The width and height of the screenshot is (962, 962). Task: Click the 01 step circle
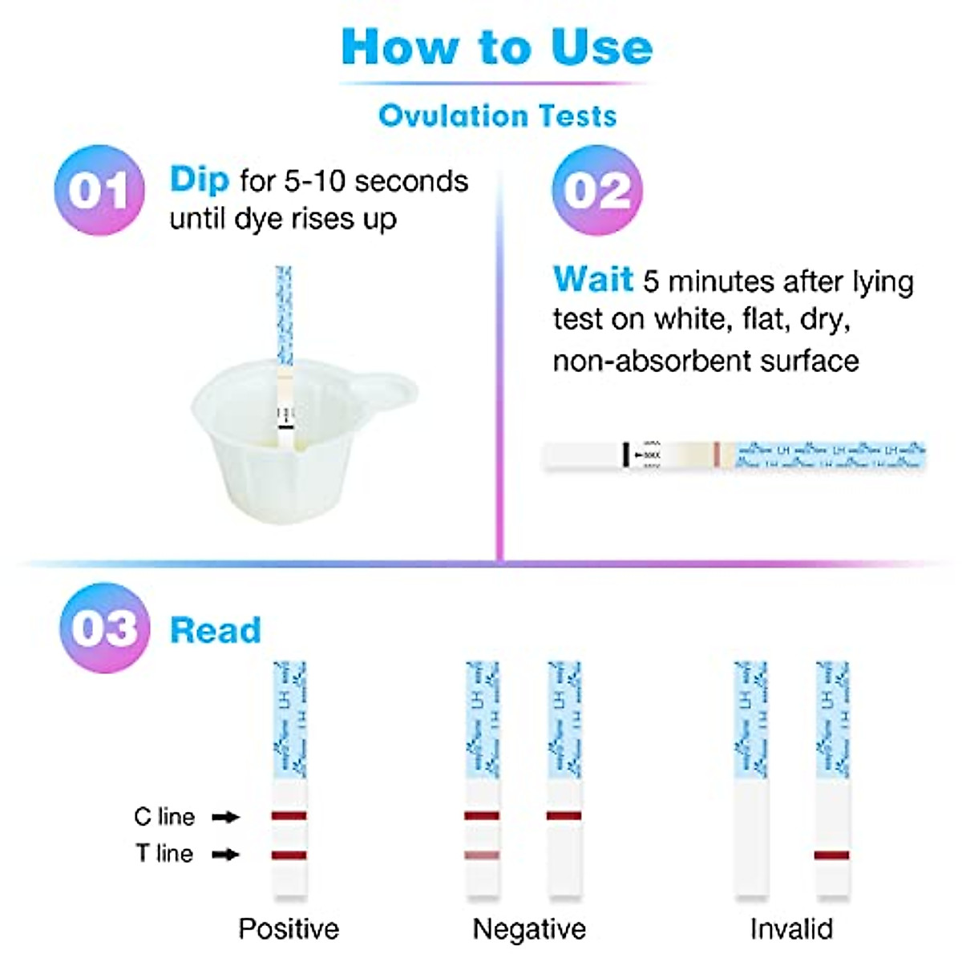click(x=99, y=191)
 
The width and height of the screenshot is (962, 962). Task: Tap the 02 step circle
click(x=597, y=191)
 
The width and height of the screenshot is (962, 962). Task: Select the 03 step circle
click(x=104, y=628)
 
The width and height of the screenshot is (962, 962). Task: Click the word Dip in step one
click(x=200, y=180)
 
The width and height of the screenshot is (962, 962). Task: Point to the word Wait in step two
click(x=593, y=280)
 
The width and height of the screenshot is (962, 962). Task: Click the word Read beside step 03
click(x=216, y=630)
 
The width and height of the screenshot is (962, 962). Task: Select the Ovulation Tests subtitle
click(x=497, y=115)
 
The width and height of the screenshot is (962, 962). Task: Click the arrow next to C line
click(x=226, y=817)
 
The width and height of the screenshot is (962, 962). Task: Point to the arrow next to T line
click(x=226, y=855)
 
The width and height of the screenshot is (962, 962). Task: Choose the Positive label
click(x=289, y=929)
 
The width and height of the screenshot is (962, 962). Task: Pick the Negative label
click(x=529, y=929)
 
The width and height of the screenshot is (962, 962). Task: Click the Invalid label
click(x=791, y=929)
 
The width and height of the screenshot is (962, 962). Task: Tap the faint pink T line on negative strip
click(x=482, y=855)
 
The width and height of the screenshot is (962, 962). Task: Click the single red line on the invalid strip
click(x=831, y=855)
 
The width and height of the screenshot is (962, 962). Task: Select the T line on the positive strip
click(x=289, y=855)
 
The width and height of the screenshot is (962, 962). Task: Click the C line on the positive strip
click(x=289, y=816)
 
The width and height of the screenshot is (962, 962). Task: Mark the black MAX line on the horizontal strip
click(x=625, y=455)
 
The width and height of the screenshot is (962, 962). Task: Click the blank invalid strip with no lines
click(x=751, y=834)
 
